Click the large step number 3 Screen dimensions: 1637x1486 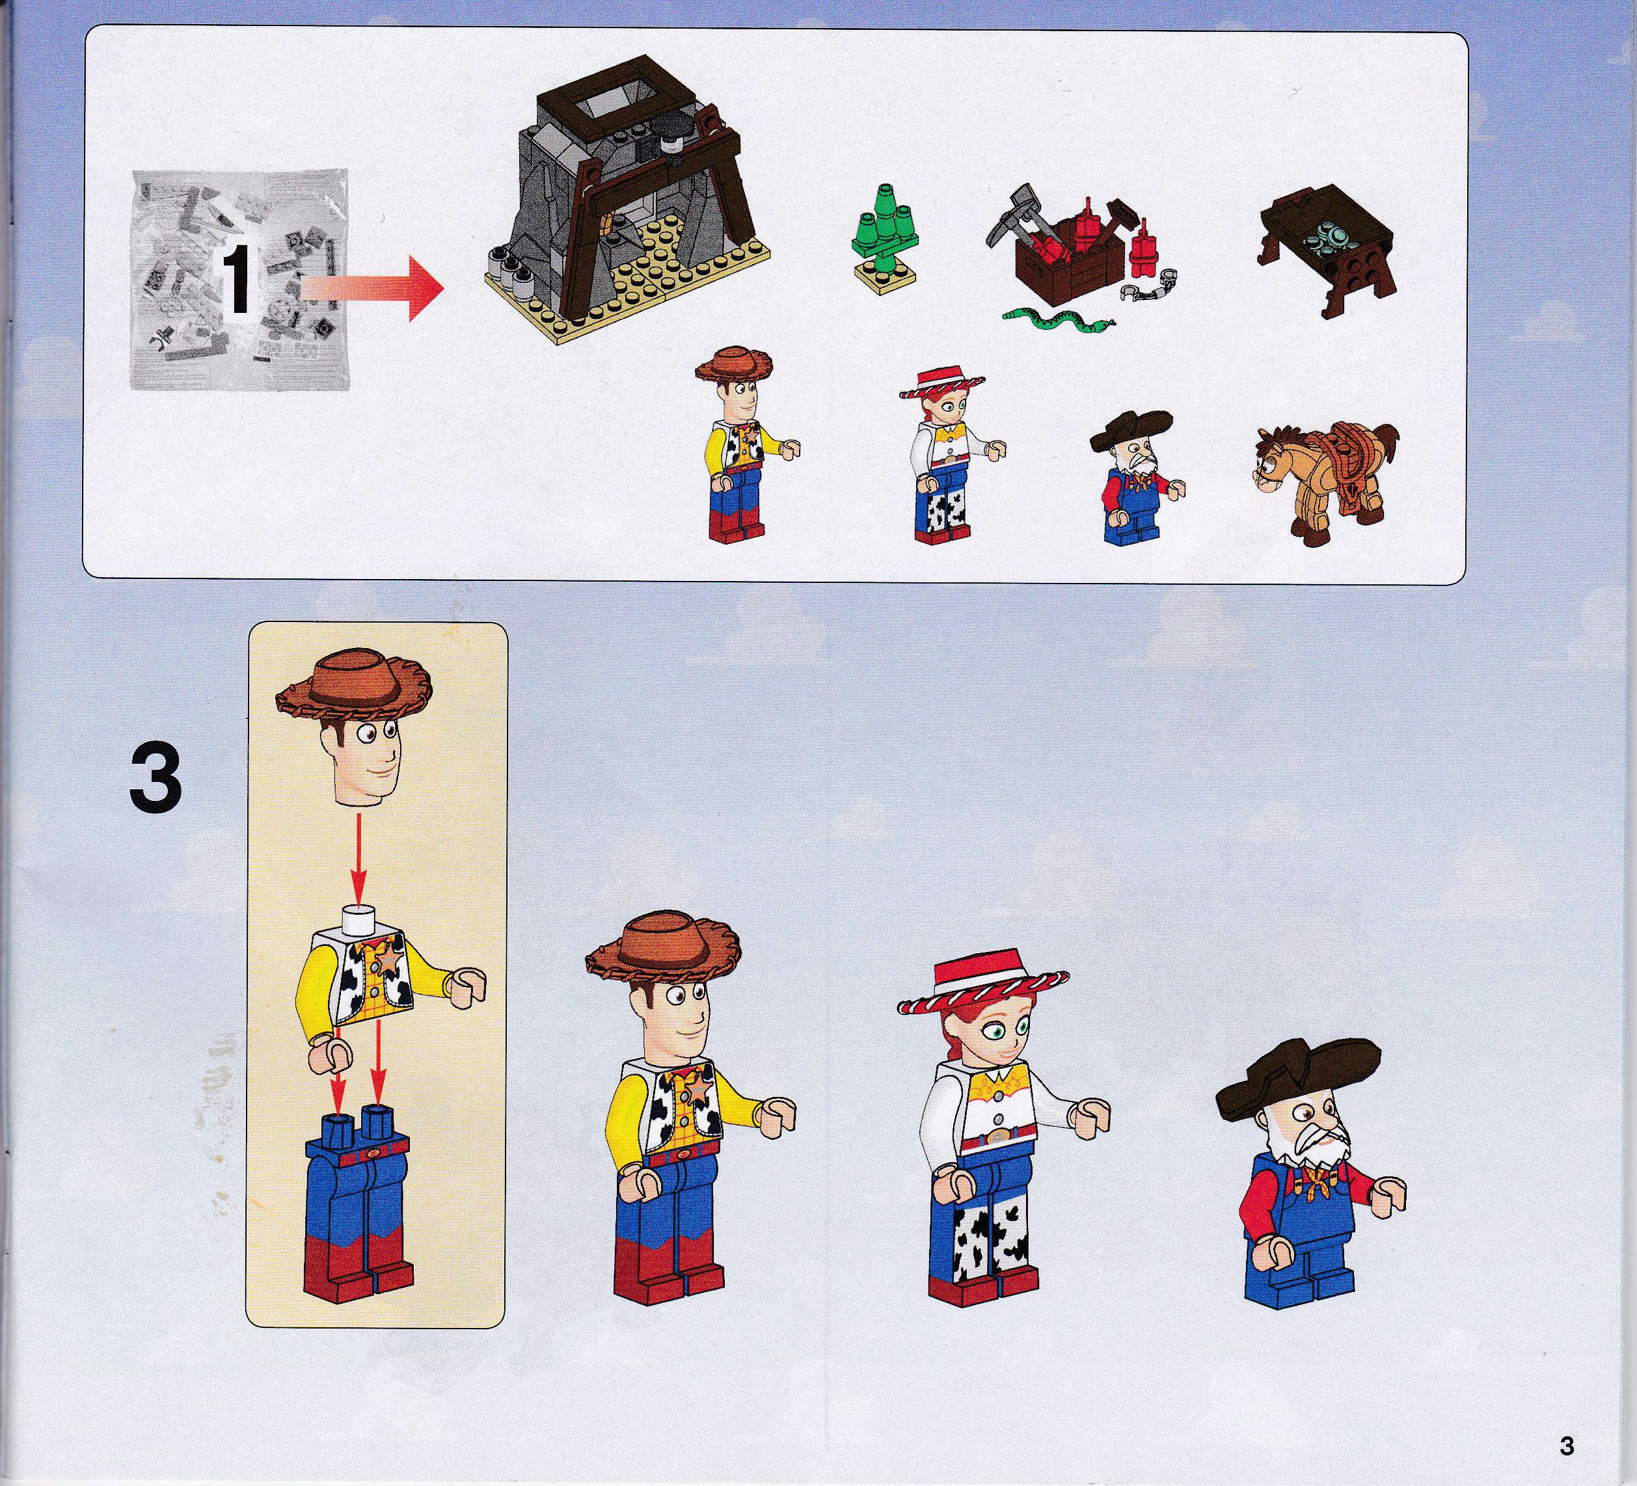155,779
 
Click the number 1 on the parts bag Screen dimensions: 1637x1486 236,281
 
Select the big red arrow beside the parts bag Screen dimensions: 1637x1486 370,288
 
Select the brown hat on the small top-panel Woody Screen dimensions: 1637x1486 733,368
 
